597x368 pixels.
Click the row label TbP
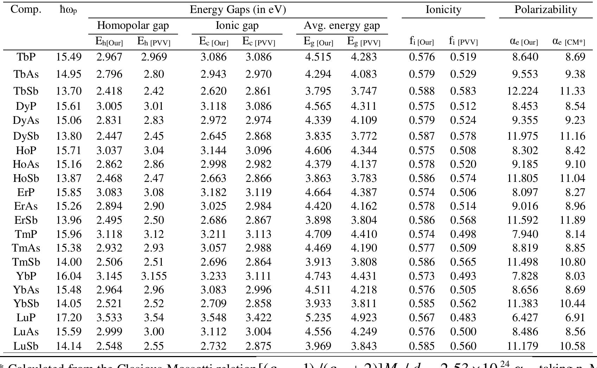point(26,57)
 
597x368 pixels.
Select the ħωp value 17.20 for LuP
point(69,318)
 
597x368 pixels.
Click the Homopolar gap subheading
point(133,26)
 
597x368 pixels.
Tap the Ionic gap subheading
point(237,26)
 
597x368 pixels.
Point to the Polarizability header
point(546,9)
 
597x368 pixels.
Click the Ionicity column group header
point(443,9)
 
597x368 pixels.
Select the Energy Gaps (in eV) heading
point(238,9)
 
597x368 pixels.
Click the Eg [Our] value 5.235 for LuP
point(318,318)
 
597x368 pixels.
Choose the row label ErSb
point(26,220)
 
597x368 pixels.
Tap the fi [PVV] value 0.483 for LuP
point(463,318)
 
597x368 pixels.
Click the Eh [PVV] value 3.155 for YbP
point(154,276)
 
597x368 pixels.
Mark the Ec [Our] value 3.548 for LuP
point(214,318)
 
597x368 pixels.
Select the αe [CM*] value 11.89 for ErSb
point(572,220)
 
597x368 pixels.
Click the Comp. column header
point(26,9)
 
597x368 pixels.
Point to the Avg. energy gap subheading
point(342,26)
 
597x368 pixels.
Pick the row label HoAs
point(26,164)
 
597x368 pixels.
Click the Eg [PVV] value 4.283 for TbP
point(364,57)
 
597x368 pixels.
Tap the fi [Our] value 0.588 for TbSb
point(422,91)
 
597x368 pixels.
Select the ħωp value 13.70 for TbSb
point(69,91)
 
